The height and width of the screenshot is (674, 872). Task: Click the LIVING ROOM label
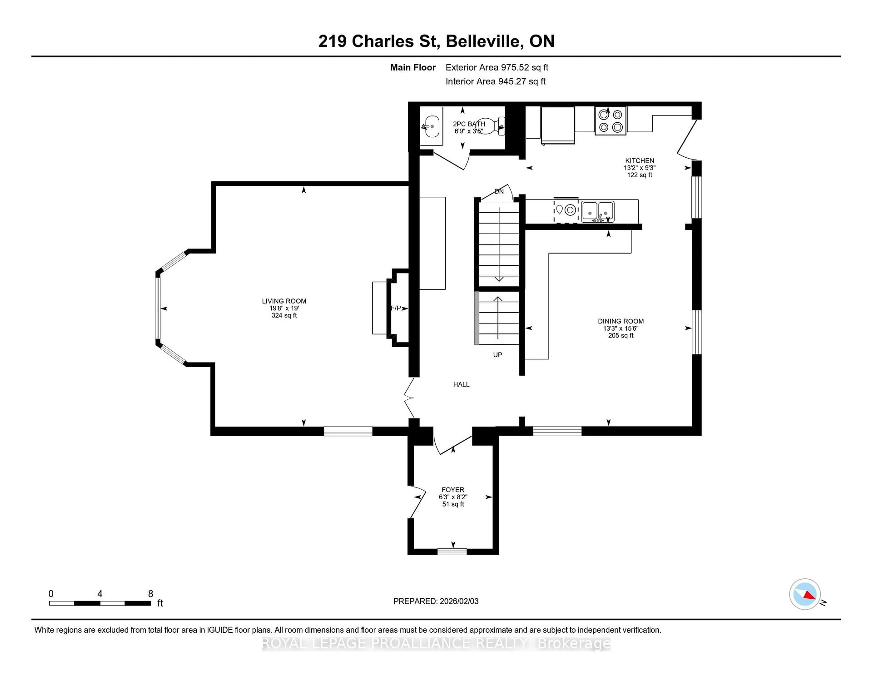pyautogui.click(x=284, y=301)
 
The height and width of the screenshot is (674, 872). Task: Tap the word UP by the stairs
pyautogui.click(x=498, y=354)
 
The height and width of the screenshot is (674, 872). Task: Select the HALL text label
pyautogui.click(x=461, y=384)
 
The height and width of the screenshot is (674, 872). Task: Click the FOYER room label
pyautogui.click(x=453, y=490)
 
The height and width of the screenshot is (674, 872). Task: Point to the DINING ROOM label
pyautogui.click(x=620, y=321)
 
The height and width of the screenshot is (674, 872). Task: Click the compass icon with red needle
pyautogui.click(x=805, y=594)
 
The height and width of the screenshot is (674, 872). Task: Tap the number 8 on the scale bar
pyautogui.click(x=151, y=594)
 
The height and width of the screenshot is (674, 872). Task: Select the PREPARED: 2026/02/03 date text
pyautogui.click(x=436, y=601)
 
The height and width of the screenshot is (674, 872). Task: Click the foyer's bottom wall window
pyautogui.click(x=452, y=552)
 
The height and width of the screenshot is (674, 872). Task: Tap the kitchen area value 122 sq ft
pyautogui.click(x=639, y=175)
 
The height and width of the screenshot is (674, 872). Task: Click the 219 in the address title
pyautogui.click(x=332, y=41)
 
